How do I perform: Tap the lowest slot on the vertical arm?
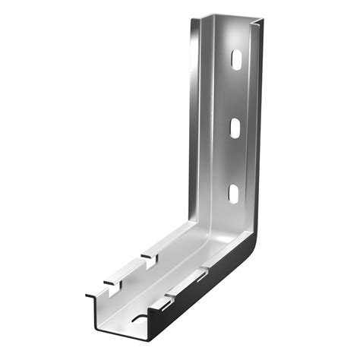point(233,193)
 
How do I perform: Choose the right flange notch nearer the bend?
point(201,274)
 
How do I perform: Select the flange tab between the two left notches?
point(129,270)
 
